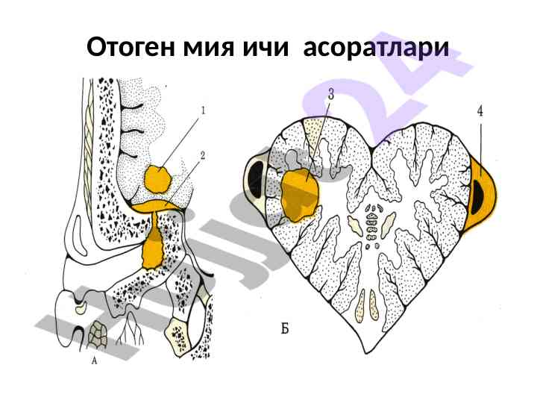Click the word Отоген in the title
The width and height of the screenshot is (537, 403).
(130, 48)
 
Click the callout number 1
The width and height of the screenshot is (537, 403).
(202, 110)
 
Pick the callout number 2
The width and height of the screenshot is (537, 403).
(202, 157)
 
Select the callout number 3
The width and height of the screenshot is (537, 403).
(330, 94)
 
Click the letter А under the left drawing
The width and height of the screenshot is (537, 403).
(95, 360)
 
